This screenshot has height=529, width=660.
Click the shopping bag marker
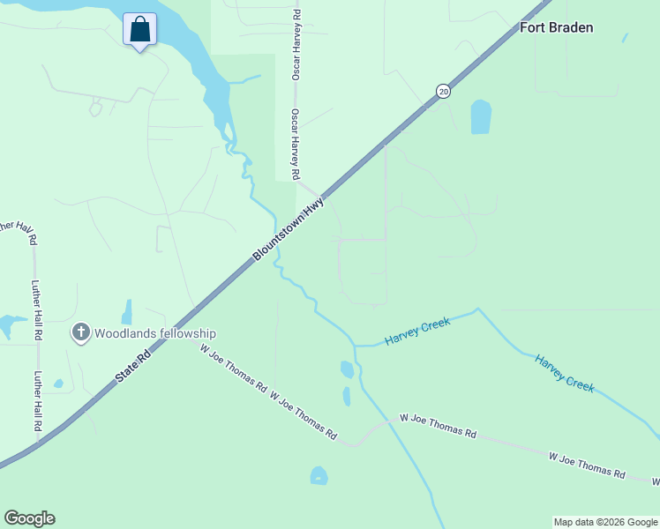[139, 29]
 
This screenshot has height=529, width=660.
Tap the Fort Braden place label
[556, 27]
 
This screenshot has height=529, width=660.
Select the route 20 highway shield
[442, 91]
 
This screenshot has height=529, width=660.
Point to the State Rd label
[133, 362]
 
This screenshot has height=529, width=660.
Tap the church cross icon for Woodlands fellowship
[81, 333]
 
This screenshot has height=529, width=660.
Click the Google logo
[29, 518]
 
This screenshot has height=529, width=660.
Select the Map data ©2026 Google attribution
[605, 522]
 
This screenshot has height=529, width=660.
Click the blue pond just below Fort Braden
[480, 116]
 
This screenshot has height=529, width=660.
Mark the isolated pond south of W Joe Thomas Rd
[319, 476]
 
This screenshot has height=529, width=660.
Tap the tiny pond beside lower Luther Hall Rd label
[58, 384]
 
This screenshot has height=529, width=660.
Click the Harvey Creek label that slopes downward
[565, 374]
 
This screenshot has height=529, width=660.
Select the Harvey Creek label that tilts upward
[417, 332]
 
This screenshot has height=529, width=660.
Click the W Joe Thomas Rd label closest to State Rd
[234, 369]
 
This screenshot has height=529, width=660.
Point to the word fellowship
[187, 333]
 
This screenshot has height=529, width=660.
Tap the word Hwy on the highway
[315, 208]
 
